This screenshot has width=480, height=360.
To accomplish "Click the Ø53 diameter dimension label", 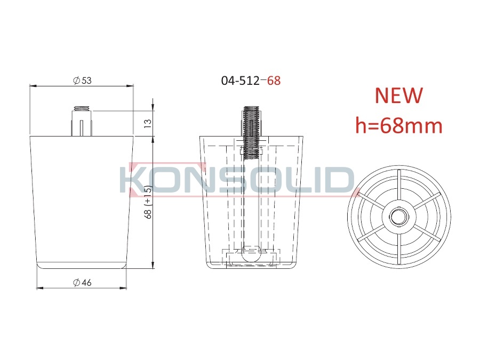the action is (x=82, y=81).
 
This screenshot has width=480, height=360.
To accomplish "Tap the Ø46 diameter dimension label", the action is (x=82, y=283).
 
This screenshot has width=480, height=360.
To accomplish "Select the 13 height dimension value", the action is (x=148, y=123).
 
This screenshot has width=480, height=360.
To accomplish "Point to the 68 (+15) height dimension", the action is (x=148, y=202).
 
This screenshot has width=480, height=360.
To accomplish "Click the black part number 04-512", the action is (x=241, y=81).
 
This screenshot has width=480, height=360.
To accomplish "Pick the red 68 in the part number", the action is (x=274, y=81).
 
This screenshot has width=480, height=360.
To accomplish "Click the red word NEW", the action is (x=398, y=95).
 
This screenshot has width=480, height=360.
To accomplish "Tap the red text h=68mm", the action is (x=399, y=125).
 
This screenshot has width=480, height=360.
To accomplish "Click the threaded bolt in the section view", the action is (x=252, y=132).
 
